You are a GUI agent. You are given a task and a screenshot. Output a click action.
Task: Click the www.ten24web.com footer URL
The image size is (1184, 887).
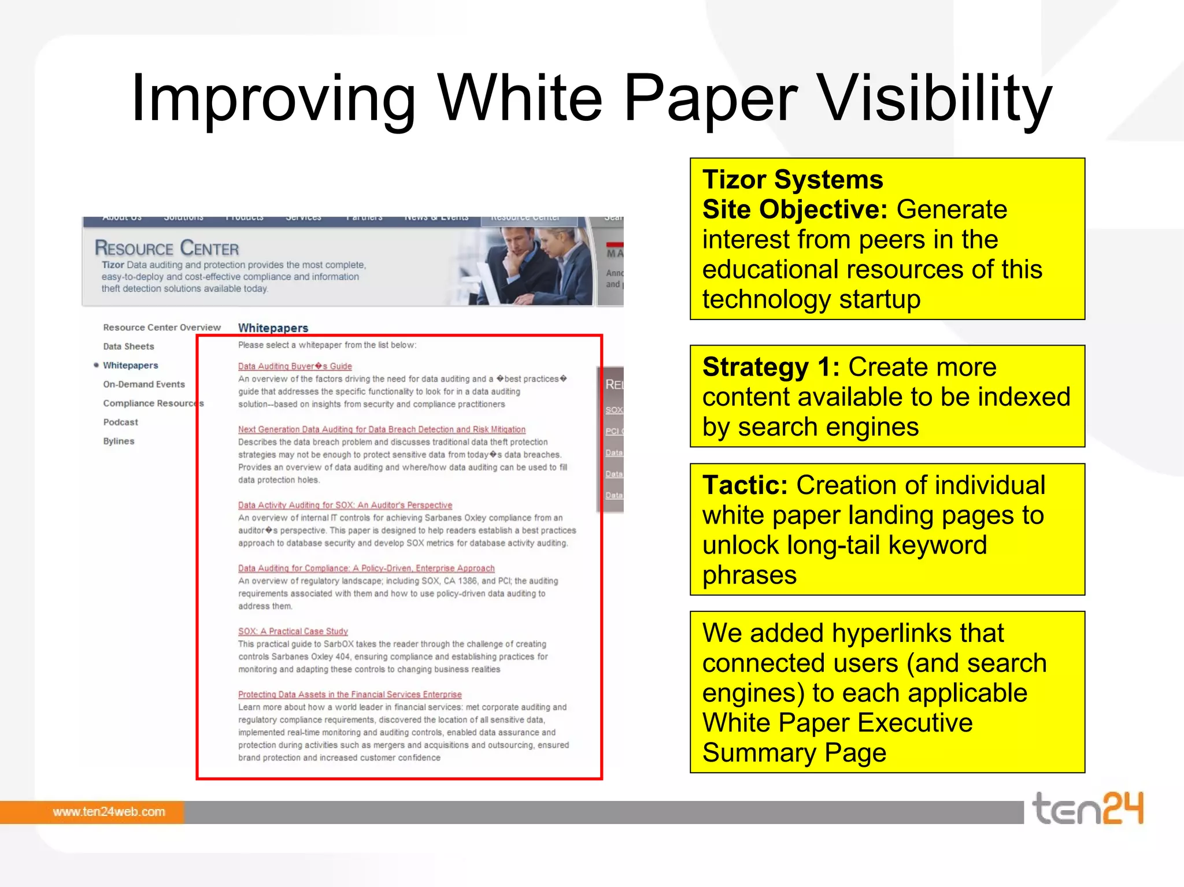coord(109,812)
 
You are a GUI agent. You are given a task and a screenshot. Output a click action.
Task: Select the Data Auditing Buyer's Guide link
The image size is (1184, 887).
coord(295,366)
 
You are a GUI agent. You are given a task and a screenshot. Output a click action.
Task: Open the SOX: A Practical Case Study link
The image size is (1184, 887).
coord(293,632)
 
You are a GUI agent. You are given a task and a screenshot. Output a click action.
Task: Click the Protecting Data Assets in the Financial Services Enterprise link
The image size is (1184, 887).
coord(350,695)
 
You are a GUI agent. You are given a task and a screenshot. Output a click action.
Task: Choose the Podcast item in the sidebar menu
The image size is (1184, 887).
coord(120,422)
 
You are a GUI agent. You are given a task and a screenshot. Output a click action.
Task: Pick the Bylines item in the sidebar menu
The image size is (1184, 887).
coord(119,441)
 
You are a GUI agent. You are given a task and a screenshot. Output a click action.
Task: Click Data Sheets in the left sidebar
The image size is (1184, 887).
coord(128,347)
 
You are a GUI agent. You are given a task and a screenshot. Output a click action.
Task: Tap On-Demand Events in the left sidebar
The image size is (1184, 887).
coord(144,384)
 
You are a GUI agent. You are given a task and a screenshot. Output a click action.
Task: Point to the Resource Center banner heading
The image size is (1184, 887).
coord(166,248)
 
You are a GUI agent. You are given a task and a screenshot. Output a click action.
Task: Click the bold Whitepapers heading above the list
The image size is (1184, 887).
coord(273,328)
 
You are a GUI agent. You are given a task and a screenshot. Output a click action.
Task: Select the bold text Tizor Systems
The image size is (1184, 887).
coord(793,180)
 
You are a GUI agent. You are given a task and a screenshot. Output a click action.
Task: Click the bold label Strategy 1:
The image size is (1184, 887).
coord(771,368)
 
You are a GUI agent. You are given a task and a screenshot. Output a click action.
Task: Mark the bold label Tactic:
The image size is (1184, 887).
coord(745,485)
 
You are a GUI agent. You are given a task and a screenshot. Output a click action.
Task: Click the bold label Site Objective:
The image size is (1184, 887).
coord(794,210)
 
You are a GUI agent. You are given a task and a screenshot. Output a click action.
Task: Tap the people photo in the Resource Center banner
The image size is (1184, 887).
coord(532,266)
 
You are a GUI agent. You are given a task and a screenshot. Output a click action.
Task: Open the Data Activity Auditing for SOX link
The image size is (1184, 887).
coord(345,506)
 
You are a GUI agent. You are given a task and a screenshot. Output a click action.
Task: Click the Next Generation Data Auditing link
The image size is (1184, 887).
coord(382,430)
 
